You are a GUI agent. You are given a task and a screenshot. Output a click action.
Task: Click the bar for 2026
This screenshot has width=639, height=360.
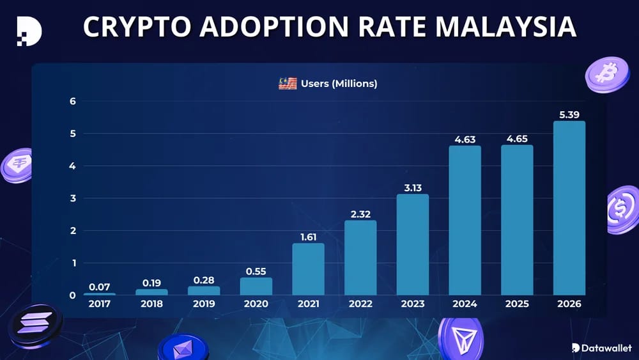(x=569, y=208)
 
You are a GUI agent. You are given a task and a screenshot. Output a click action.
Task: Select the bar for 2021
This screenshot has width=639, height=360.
(x=308, y=269)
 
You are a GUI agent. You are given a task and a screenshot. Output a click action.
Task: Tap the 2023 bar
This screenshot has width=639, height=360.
(x=412, y=245)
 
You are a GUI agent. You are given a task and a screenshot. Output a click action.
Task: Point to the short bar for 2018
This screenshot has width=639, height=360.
(x=151, y=292)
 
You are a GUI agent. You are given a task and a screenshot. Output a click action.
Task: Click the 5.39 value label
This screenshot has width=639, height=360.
(x=569, y=114)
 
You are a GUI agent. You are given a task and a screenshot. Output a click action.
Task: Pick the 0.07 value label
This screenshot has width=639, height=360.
(x=100, y=287)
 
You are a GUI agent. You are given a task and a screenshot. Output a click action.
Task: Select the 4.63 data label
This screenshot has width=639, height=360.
(x=465, y=139)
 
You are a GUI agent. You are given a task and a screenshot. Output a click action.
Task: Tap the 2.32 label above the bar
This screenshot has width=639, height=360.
(x=360, y=214)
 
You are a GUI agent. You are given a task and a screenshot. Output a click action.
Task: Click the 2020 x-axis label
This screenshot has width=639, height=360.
(x=256, y=304)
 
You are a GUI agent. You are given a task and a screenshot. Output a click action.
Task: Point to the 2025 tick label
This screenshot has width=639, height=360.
(x=517, y=304)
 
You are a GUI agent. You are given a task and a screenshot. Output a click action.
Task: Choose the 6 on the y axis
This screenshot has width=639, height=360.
(x=73, y=101)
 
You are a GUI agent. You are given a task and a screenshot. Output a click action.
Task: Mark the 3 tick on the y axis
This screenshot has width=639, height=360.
(x=73, y=198)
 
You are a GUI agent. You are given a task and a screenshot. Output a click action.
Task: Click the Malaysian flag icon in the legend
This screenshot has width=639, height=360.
(x=288, y=84)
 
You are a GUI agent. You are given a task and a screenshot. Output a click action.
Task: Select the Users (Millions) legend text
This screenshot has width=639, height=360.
(x=339, y=84)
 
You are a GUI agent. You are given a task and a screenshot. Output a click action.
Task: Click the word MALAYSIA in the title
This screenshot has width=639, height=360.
(x=505, y=27)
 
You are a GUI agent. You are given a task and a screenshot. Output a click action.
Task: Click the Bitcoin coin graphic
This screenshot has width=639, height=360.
(x=607, y=74)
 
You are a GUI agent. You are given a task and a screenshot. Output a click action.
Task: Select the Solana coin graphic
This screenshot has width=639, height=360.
(x=35, y=325)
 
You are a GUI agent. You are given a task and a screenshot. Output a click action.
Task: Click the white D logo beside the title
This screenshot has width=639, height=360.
(x=29, y=31)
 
